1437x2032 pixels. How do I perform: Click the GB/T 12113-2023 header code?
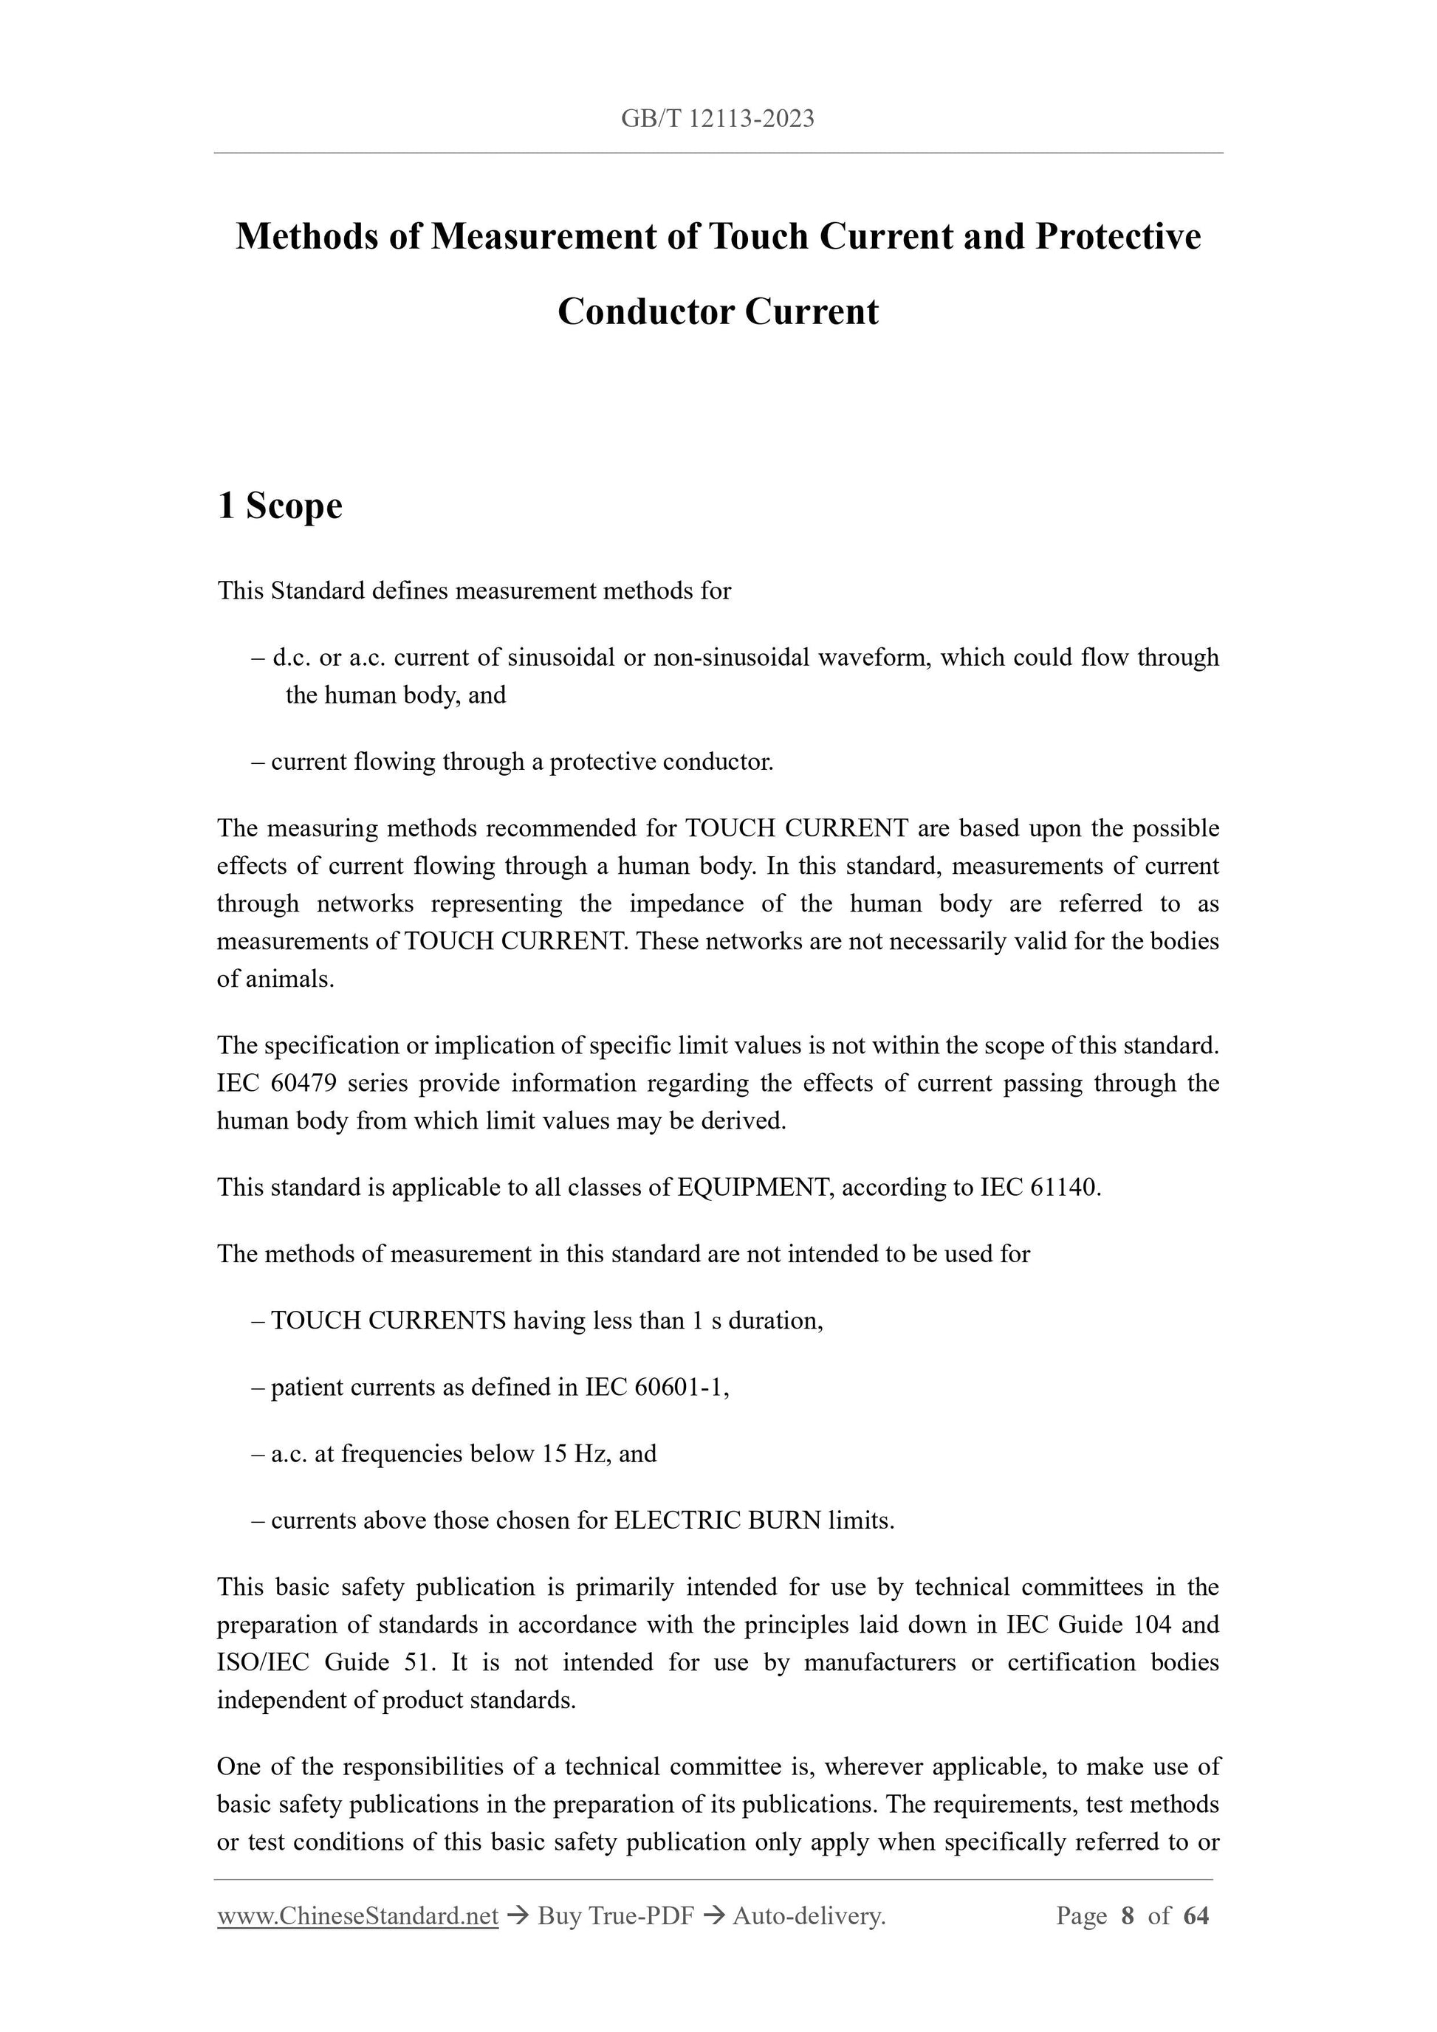(717, 119)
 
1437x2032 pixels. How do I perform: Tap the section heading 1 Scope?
(280, 506)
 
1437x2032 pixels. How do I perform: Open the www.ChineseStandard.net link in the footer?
(357, 1916)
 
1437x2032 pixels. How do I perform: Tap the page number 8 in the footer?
(1127, 1916)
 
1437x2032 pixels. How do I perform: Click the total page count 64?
(1196, 1916)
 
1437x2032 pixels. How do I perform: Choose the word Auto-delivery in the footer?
(809, 1916)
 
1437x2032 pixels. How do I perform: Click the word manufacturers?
(879, 1662)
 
